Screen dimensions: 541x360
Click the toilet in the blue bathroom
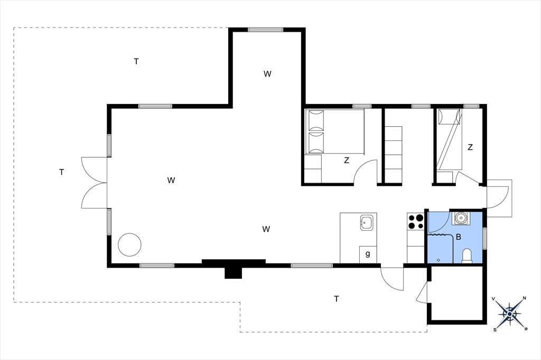467,256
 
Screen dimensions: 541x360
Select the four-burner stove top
415,222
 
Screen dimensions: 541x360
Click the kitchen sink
366,222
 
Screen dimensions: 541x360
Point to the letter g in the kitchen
368,254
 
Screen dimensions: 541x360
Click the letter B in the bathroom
459,237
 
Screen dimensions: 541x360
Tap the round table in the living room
129,244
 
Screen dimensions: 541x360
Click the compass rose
510,314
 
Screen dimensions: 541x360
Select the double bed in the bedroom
334,131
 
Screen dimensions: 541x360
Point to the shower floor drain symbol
438,260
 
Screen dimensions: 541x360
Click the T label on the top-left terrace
136,61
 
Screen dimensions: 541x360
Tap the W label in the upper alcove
267,74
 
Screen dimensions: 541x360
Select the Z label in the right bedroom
470,147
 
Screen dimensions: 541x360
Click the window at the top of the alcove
265,30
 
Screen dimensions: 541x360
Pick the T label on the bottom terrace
337,299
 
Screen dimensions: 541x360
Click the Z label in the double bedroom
347,160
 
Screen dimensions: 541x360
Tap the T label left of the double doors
61,172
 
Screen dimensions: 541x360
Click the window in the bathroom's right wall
485,238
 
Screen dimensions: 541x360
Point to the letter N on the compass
525,298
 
